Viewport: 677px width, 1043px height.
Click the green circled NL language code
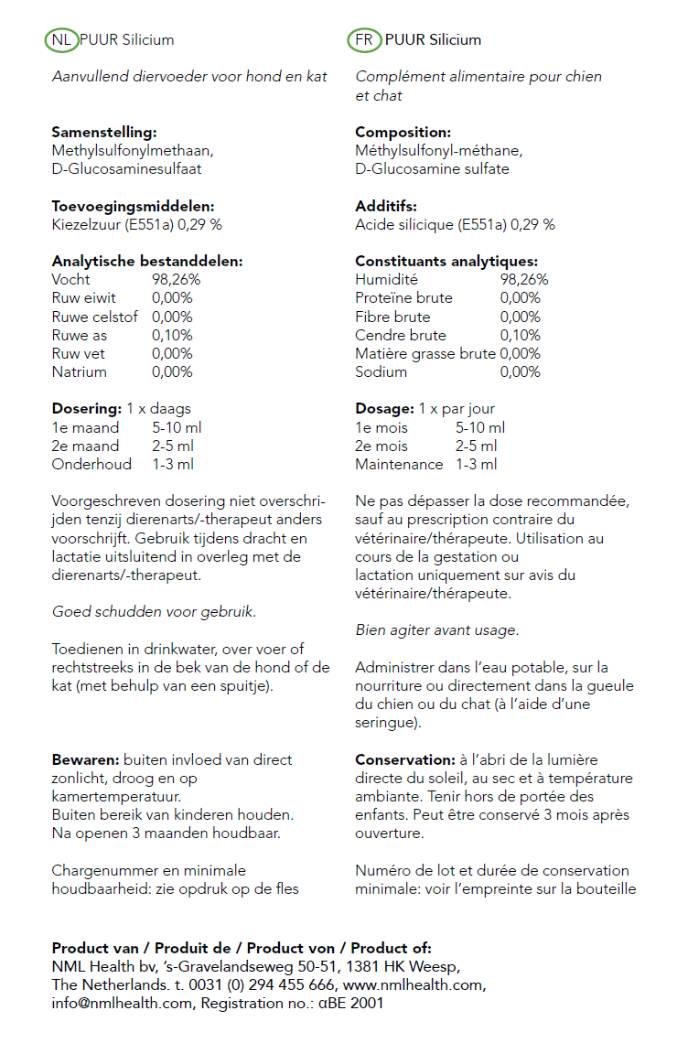[x=61, y=40]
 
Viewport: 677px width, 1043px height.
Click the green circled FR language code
[x=364, y=40]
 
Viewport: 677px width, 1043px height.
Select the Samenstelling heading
[x=103, y=133]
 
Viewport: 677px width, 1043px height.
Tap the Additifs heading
[x=385, y=207]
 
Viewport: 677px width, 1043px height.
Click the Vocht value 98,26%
[x=176, y=280]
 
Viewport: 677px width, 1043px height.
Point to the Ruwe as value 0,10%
[x=172, y=336]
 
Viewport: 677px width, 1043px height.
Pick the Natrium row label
[x=80, y=372]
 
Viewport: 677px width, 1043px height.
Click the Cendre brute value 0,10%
[x=520, y=336]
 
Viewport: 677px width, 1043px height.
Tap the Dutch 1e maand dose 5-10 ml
[x=177, y=428]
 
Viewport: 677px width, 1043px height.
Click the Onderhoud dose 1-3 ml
[x=173, y=465]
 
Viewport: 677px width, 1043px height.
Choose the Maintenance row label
[x=399, y=465]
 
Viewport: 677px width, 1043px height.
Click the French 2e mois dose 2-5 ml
[x=476, y=446]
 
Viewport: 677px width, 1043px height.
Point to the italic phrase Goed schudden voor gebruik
[x=154, y=612]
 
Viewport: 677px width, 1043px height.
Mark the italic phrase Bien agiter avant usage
[x=436, y=630]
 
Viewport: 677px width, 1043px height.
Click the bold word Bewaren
[x=83, y=760]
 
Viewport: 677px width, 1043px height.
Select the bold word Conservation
[x=403, y=760]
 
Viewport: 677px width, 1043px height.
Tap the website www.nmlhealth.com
[x=414, y=985]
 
